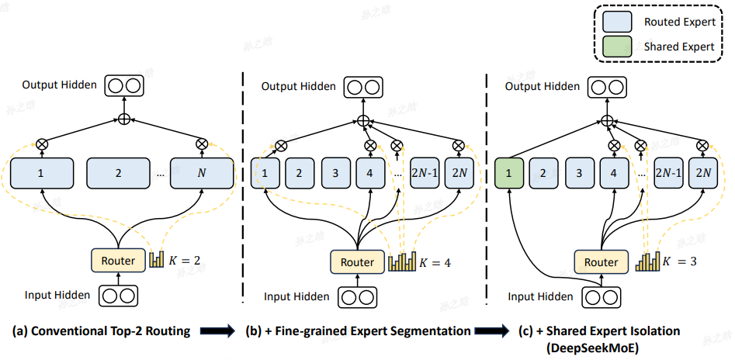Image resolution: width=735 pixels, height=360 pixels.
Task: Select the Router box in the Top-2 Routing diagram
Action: tap(118, 261)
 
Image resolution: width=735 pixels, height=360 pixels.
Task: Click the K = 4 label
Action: tap(435, 262)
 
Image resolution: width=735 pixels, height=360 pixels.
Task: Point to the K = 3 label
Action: tap(679, 262)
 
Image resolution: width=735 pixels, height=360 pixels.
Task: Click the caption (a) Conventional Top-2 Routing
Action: tap(101, 331)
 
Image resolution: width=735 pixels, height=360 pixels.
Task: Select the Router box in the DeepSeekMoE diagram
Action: tap(601, 262)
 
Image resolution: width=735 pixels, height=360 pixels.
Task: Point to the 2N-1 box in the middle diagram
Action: tap(425, 174)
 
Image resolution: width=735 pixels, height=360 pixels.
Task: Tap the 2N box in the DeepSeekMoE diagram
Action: tap(702, 174)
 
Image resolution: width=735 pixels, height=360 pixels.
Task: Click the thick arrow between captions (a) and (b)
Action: tap(217, 332)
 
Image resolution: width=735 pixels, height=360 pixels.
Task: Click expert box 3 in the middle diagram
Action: tap(335, 174)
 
